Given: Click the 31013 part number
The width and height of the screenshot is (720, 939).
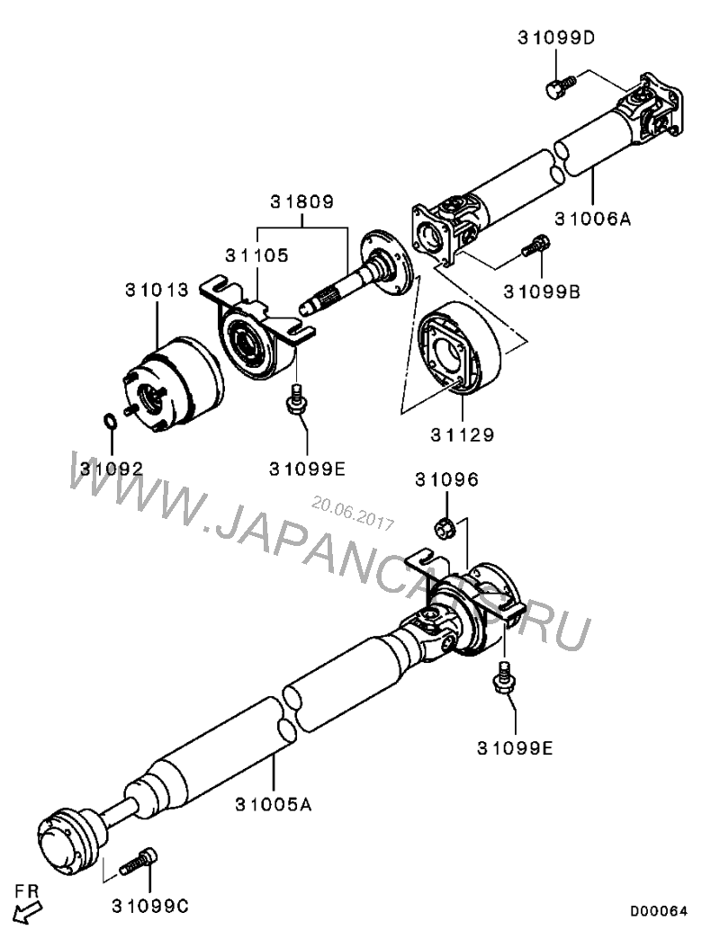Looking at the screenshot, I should (x=157, y=290).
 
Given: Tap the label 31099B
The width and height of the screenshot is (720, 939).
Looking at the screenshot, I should (x=542, y=291).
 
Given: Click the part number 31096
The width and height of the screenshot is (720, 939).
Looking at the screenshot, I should (x=446, y=479).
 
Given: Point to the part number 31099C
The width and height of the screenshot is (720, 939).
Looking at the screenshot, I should (x=150, y=904).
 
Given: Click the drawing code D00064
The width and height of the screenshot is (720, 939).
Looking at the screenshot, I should (x=658, y=911).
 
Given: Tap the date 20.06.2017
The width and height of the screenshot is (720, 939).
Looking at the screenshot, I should (x=353, y=513).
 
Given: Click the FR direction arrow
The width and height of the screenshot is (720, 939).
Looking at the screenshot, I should (x=28, y=912).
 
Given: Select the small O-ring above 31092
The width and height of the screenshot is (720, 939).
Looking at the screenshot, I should (x=108, y=421).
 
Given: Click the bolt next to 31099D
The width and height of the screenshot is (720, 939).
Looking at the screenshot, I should (x=557, y=87).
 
